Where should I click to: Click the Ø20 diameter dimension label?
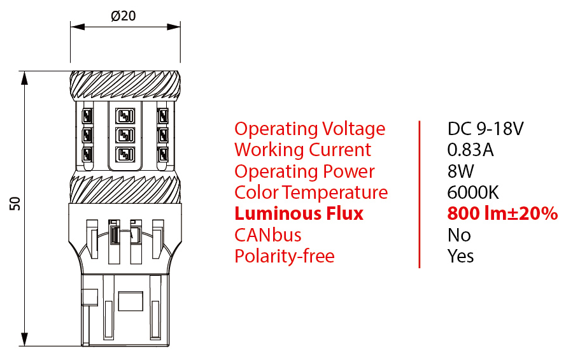pos(124,16)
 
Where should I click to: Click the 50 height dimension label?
pos(15,203)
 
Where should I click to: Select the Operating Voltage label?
pos(309,129)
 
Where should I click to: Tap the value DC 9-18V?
pos(485,129)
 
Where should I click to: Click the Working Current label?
pos(302,150)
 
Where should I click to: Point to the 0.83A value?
pos(470,150)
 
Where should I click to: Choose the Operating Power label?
pos(304,171)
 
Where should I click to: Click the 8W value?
pos(461,171)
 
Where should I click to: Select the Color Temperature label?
pos(311,192)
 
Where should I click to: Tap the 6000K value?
pos(473,192)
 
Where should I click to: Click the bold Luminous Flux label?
pos(299,213)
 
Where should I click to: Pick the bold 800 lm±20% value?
pos(502,213)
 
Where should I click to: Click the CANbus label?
pos(267,235)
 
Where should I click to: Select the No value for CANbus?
pos(459,235)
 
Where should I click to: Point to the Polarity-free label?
pos(284,256)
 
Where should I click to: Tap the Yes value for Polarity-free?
pos(461,256)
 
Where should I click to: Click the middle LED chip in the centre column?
pos(125,136)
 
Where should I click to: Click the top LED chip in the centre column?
pos(125,116)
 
